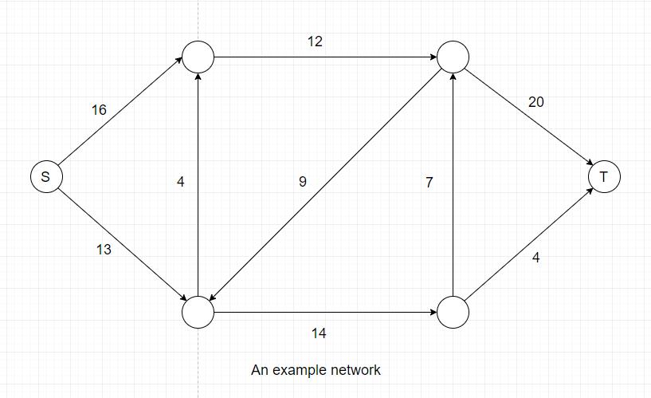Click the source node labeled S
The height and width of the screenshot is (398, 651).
[46, 176]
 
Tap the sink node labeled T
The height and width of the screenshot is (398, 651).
[604, 176]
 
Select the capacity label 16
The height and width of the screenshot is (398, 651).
[99, 110]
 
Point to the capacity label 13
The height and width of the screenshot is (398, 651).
[104, 250]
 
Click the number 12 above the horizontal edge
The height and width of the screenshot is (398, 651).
[315, 41]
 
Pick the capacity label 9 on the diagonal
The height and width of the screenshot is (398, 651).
[303, 182]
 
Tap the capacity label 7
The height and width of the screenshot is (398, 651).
[429, 182]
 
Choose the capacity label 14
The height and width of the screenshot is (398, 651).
[319, 333]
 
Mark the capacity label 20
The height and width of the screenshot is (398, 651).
[536, 102]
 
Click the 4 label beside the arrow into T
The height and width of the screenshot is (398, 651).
[536, 258]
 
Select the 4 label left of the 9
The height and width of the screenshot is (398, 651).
[180, 182]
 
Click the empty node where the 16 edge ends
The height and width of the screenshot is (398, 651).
[198, 57]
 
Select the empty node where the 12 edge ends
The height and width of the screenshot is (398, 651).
[453, 57]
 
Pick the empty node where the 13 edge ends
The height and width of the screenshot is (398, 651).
[198, 312]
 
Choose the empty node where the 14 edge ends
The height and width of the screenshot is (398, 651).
[453, 312]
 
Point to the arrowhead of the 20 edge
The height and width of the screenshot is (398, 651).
[590, 163]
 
